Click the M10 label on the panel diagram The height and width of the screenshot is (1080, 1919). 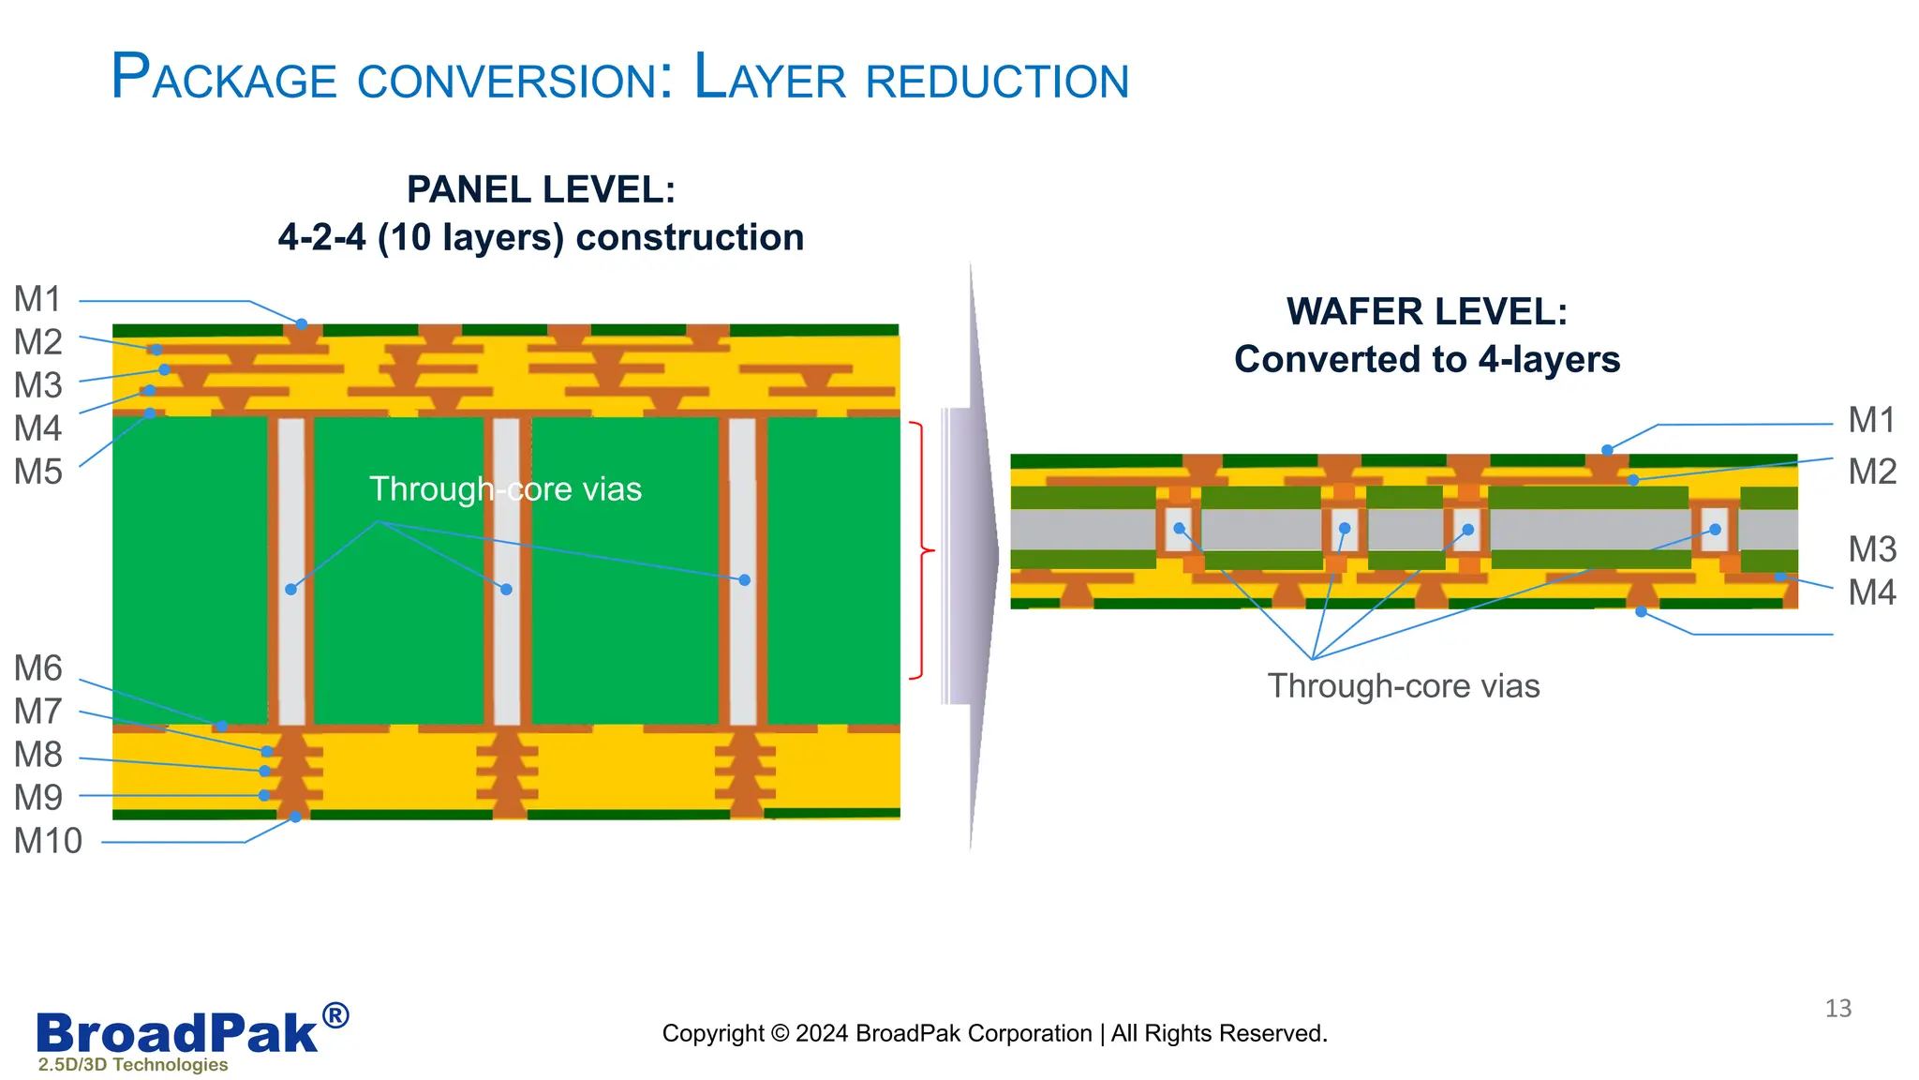pos(48,841)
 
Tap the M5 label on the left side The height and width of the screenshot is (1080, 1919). pos(37,472)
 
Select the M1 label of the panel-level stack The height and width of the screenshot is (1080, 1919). pos(37,299)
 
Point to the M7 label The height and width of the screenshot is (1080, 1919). pos(37,712)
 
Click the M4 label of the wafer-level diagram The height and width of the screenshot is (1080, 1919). pos(1871,592)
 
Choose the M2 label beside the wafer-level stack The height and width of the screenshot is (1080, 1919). pos(1871,472)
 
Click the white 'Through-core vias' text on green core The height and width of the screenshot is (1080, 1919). pos(505,489)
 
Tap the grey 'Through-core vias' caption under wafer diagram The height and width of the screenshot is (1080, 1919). pos(1403,686)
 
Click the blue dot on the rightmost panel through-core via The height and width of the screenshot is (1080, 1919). pos(744,580)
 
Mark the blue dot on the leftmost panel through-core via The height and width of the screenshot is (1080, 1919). pos(291,590)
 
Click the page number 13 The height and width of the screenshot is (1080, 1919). pos(1837,1009)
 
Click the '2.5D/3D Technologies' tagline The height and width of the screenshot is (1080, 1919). pos(133,1065)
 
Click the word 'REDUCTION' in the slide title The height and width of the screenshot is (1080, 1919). pos(997,82)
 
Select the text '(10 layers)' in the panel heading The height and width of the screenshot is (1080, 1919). pos(471,238)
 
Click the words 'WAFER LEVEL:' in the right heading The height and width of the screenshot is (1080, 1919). pos(1426,312)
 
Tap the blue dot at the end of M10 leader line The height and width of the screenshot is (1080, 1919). pos(295,817)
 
